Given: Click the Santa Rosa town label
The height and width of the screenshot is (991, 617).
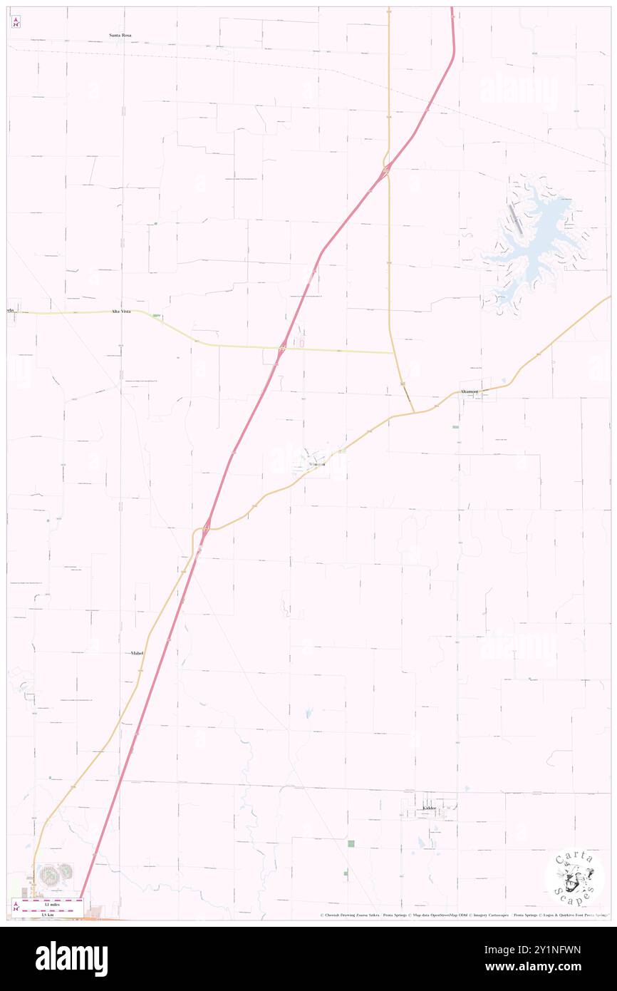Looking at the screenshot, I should (120, 34).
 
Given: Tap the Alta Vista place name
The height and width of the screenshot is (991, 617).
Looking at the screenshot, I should (120, 312).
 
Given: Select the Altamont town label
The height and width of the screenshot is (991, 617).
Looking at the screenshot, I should (469, 392).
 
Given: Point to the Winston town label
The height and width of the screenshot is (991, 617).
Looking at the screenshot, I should (316, 464).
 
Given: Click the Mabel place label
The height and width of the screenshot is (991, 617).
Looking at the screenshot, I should (138, 652).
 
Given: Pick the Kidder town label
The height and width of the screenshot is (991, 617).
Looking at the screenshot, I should (428, 808).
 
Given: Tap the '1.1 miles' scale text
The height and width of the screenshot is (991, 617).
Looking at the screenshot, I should (48, 903).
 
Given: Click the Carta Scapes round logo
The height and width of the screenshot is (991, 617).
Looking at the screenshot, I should (574, 877).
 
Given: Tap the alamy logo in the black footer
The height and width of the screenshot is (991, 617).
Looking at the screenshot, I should (72, 958).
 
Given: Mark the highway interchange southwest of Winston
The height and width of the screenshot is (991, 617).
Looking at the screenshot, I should (206, 528).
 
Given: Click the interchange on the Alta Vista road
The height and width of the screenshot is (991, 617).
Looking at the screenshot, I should (282, 349).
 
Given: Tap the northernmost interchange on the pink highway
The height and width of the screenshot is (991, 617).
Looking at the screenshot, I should (385, 170).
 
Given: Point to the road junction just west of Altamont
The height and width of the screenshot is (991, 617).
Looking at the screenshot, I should (414, 411).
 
